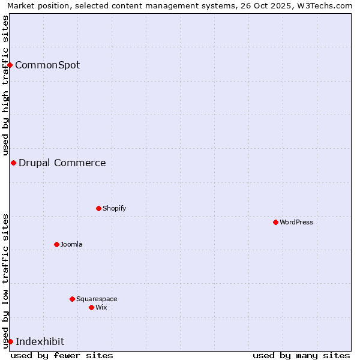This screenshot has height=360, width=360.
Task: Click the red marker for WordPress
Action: pos(275,222)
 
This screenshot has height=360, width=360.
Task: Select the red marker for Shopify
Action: pos(98,208)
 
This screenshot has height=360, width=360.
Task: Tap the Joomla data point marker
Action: pos(56,244)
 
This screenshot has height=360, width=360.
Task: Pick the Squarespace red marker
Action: pos(72,299)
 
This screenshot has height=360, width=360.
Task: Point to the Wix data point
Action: pos(91,307)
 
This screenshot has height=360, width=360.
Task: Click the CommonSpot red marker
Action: pos(10,65)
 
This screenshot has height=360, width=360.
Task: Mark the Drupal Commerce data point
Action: pos(13,163)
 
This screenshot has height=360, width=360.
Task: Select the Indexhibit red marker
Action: pos(10,341)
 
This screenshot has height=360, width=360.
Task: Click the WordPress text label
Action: pos(296,222)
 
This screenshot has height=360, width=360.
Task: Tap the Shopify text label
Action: pos(114,208)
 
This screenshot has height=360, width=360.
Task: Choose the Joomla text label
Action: pos(71,244)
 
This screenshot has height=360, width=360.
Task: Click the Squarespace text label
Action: pos(97,299)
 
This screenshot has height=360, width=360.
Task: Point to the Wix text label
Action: pos(101,307)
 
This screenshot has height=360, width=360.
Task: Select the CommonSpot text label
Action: pos(47,65)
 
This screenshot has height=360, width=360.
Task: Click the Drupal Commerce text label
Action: pos(62,163)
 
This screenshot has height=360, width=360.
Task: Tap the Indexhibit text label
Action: pos(40,341)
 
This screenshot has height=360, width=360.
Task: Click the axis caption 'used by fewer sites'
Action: pos(62,355)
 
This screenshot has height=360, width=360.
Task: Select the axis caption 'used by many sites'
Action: pos(301,355)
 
